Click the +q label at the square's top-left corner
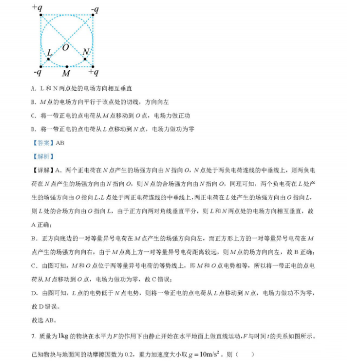coord(38,7)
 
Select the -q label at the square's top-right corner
coord(95,9)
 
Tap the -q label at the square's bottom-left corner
coord(37,72)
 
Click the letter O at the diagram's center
coord(65,48)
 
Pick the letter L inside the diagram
coord(49,52)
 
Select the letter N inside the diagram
coord(85,52)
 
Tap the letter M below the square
coord(66,73)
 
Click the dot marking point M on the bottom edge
coord(67,67)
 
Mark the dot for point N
coord(85,59)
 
